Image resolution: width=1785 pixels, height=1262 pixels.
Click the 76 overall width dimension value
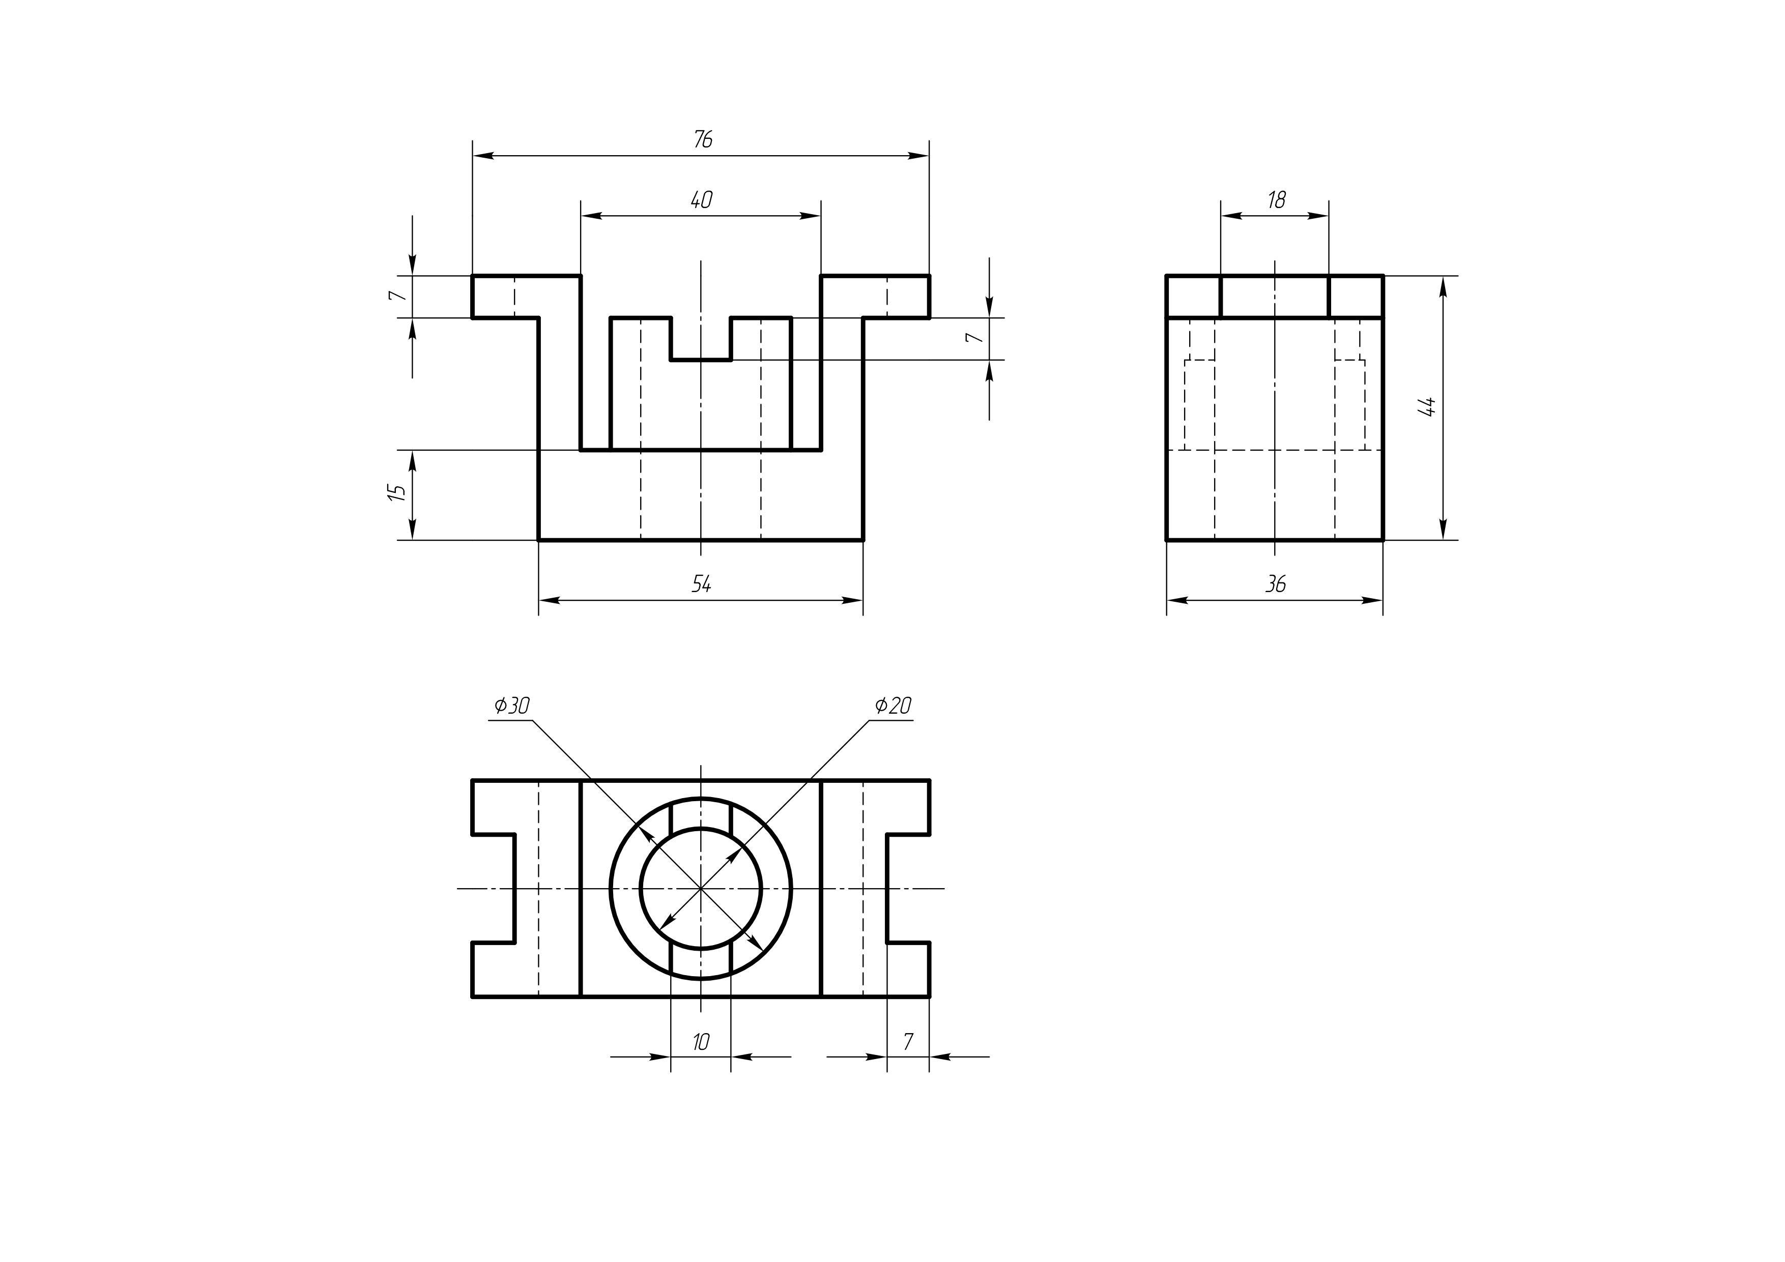click(702, 140)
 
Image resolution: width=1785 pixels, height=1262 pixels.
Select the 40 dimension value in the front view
click(701, 200)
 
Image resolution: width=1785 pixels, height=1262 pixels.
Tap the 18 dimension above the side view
click(1276, 200)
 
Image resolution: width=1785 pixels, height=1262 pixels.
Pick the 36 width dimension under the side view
click(1276, 583)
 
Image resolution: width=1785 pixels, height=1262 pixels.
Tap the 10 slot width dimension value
click(701, 1042)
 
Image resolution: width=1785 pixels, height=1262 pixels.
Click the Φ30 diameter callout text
click(511, 706)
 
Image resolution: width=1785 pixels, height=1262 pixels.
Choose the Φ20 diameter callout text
click(892, 706)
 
